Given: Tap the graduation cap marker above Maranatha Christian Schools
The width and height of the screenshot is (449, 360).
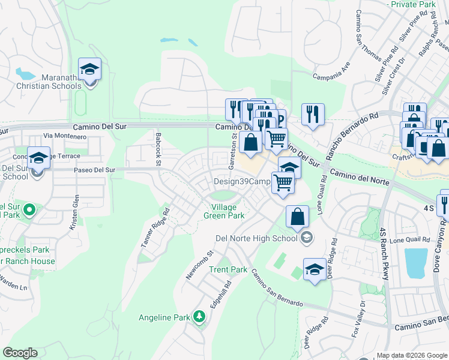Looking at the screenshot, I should click(89, 70).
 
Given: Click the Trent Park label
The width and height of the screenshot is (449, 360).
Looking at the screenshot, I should click(228, 269).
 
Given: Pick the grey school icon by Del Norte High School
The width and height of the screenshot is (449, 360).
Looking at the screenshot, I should click(307, 238).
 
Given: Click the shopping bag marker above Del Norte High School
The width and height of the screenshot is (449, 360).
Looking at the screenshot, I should click(297, 217).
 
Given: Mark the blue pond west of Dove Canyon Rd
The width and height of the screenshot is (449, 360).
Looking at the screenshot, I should click(415, 262).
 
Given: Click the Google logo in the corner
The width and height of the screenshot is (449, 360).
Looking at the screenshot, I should click(20, 353).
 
